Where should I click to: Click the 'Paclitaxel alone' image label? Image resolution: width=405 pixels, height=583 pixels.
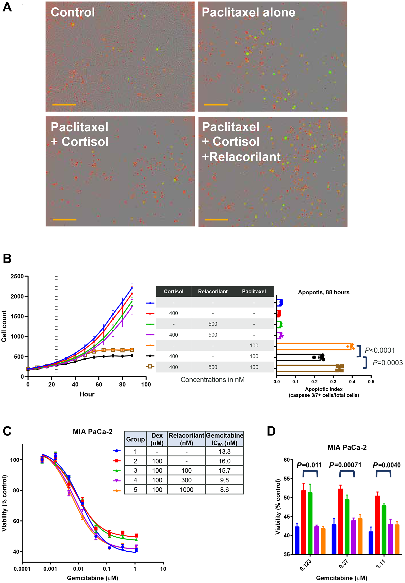coord(248,12)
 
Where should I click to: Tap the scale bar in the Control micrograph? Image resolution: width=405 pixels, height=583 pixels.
coord(64,104)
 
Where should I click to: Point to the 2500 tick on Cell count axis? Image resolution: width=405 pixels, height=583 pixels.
coord(17,276)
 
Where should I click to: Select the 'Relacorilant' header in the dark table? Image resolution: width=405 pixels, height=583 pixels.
coord(213,291)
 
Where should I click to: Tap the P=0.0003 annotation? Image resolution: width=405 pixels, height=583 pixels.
coord(387,363)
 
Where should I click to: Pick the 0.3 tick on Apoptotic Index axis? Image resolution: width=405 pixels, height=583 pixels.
coord(333,382)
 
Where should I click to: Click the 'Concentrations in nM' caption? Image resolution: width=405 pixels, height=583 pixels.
coord(212,380)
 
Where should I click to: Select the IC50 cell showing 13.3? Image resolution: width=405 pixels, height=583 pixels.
coord(224,452)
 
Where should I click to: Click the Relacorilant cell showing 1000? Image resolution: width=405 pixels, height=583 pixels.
coord(186,490)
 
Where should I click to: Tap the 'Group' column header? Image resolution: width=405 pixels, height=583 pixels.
coord(135,439)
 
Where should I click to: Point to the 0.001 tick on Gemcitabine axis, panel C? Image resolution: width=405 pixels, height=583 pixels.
coord(50,569)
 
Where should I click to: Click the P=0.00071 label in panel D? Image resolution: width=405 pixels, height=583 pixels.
coord(345,465)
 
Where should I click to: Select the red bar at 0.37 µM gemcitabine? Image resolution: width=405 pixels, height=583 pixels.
coord(340,521)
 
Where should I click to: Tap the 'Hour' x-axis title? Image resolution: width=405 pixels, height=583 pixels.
coord(87,394)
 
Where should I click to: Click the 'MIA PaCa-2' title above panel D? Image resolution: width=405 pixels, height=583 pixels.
coord(347,447)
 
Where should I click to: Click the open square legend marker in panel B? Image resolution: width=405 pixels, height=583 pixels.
coord(150,366)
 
